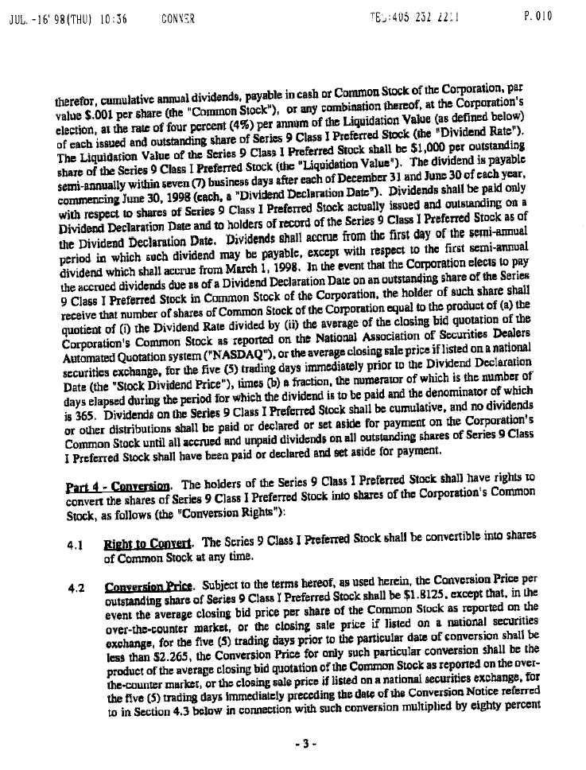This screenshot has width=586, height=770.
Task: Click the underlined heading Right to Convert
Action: pos(138,545)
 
